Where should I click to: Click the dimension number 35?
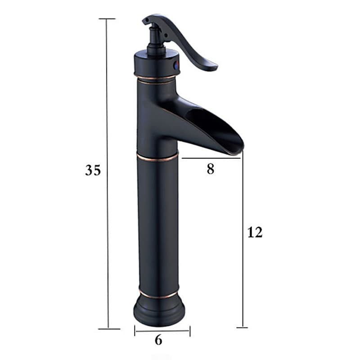(93, 171)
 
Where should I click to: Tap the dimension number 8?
(210, 169)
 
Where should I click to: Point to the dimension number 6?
(158, 340)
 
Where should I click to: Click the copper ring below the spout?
(157, 157)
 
